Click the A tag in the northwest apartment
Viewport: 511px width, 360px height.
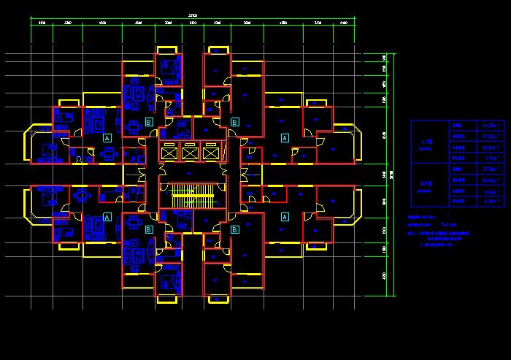107,137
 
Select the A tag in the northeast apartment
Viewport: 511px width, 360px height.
285,137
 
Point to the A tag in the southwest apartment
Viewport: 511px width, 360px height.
107,217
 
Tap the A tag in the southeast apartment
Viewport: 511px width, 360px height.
285,217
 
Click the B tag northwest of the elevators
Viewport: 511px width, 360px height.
149,121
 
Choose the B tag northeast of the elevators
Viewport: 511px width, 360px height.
234,121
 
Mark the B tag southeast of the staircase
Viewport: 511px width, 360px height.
234,230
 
